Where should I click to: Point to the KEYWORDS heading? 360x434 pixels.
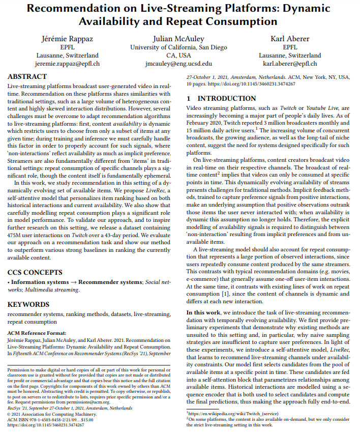(28, 304)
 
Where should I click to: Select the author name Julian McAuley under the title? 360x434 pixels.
(178, 39)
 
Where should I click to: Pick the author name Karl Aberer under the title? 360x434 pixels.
(290, 39)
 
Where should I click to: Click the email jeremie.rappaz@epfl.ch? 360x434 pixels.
(67, 64)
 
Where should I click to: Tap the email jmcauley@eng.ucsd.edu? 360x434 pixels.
(178, 64)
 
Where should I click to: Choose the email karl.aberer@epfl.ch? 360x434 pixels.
(290, 64)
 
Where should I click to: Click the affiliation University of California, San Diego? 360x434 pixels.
(178, 47)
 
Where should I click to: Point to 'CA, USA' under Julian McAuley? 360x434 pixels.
(178, 55)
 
